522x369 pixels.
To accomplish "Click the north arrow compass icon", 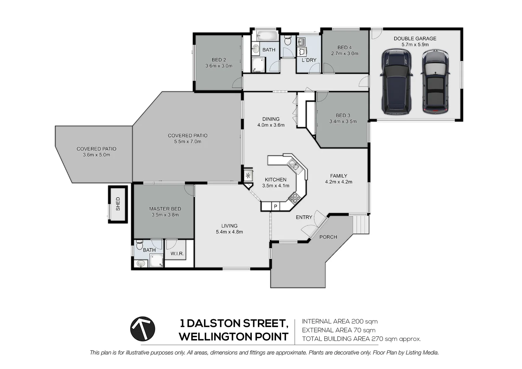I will click(143, 329).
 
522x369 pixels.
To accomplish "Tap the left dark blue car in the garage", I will click(396, 82).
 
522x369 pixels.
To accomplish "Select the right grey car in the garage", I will click(435, 82).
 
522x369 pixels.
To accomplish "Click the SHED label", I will click(118, 204).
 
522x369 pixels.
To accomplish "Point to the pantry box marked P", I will click(275, 206).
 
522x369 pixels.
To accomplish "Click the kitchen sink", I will click(293, 166).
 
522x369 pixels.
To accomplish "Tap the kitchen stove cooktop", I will click(294, 197).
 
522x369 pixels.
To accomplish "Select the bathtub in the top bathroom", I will click(268, 36).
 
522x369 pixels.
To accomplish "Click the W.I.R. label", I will click(177, 254).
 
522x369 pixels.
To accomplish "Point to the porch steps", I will click(361, 224).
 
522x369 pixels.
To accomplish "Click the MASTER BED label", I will click(165, 209).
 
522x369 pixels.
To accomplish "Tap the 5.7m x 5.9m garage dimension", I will click(415, 45).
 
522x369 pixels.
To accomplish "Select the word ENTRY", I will click(304, 217).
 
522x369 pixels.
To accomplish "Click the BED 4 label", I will click(344, 47).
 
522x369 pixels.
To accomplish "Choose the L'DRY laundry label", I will click(309, 60).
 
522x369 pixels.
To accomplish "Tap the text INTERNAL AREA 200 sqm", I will click(340, 321).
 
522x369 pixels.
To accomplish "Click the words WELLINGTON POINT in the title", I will click(233, 337).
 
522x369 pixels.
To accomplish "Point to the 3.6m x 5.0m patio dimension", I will click(96, 155).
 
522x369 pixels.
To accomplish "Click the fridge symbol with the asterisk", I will click(248, 176).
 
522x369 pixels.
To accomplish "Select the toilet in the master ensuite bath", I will click(139, 245).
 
